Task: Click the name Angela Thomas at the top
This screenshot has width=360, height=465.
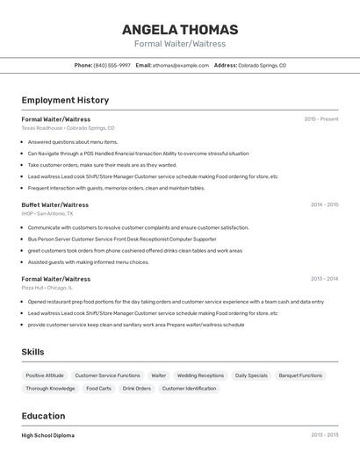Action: (x=180, y=29)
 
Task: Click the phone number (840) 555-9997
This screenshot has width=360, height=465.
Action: (x=112, y=65)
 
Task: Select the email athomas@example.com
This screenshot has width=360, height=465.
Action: (x=181, y=65)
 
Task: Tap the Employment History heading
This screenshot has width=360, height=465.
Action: (x=65, y=100)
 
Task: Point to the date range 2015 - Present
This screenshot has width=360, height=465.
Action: (x=321, y=118)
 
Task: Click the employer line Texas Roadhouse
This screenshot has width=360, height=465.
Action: (x=68, y=127)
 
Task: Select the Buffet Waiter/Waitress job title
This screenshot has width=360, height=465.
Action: (x=55, y=204)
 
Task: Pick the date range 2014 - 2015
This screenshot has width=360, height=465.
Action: (x=324, y=204)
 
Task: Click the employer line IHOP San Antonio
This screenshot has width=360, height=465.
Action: (x=47, y=213)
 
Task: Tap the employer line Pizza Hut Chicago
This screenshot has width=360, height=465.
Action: (x=47, y=287)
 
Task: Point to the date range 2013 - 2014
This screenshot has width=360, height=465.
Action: (x=324, y=278)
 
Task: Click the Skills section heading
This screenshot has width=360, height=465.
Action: (x=33, y=352)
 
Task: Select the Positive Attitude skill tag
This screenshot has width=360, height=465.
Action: (x=44, y=376)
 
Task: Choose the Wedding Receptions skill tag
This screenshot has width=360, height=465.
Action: (x=200, y=376)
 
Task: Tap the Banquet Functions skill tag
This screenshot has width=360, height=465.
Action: (x=300, y=376)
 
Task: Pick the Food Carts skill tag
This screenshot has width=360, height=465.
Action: (x=98, y=388)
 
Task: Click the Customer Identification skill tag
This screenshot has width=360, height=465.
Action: (x=189, y=388)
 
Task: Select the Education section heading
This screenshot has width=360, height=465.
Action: (x=43, y=416)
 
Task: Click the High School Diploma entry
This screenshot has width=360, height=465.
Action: (x=48, y=435)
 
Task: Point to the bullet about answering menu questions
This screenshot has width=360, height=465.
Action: (x=73, y=141)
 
